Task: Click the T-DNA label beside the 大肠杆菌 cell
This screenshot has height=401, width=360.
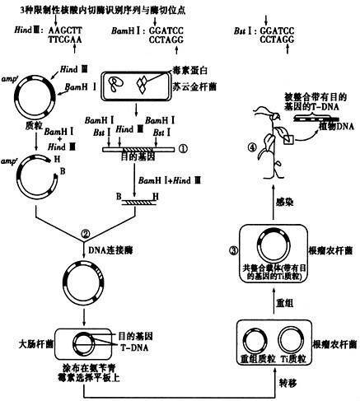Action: [139, 347]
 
